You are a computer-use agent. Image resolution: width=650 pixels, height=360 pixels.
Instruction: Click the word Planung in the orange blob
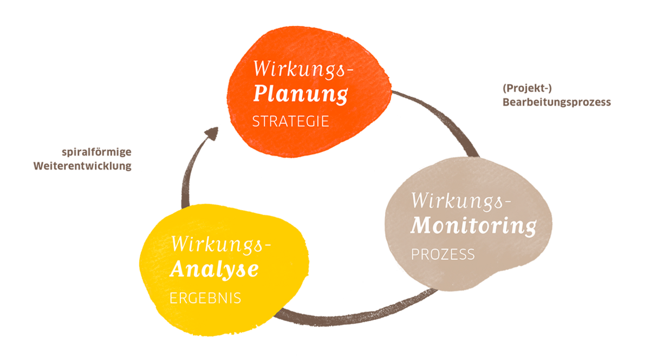click(300, 95)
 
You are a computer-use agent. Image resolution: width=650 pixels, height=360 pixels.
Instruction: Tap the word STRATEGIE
click(290, 121)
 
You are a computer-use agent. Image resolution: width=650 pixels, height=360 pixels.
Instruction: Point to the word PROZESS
click(443, 254)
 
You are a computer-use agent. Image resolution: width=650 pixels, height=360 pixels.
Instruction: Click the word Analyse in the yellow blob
click(214, 270)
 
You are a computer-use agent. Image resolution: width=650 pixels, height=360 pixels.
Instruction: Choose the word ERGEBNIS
click(205, 298)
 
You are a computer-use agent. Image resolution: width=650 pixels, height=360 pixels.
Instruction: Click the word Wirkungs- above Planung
click(303, 70)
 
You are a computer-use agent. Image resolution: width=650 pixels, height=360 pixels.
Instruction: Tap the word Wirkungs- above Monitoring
click(461, 201)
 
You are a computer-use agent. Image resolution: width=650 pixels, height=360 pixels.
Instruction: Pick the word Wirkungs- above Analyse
click(220, 245)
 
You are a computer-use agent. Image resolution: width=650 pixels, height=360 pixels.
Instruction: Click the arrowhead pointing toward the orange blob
click(212, 133)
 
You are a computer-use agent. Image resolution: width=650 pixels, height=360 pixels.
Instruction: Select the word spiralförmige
click(96, 152)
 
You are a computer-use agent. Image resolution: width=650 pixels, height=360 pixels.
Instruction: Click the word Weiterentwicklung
click(82, 166)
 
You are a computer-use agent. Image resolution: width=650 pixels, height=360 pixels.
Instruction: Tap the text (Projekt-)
click(527, 88)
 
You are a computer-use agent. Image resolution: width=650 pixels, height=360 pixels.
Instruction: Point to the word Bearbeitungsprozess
click(557, 102)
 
